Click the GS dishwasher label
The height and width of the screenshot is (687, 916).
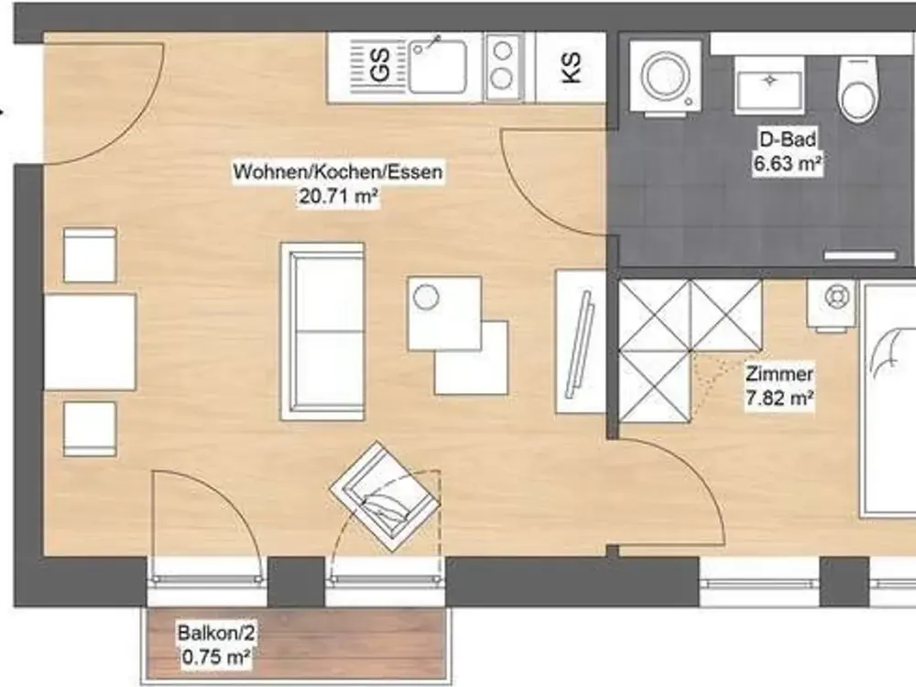pyautogui.click(x=380, y=64)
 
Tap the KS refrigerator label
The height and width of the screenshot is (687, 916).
pyautogui.click(x=572, y=67)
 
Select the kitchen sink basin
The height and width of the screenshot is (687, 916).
pyautogui.click(x=438, y=66)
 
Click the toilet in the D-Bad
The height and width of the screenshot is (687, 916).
pyautogui.click(x=858, y=89)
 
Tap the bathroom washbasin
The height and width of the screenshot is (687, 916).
pyautogui.click(x=769, y=84)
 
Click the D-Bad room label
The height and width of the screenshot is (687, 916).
pyautogui.click(x=788, y=138)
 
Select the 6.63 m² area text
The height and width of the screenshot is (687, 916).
pyautogui.click(x=788, y=163)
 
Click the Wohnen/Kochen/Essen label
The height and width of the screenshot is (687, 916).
pyautogui.click(x=338, y=172)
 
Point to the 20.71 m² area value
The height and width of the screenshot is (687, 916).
pyautogui.click(x=338, y=197)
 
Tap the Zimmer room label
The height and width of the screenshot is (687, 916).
pyautogui.click(x=780, y=374)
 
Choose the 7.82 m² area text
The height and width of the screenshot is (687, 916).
pyautogui.click(x=780, y=398)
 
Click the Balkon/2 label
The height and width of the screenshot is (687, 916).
pyautogui.click(x=216, y=633)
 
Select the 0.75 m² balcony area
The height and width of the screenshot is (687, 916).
pyautogui.click(x=216, y=657)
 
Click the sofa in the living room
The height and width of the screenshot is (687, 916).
pyautogui.click(x=322, y=332)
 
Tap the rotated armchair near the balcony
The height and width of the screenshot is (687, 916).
pyautogui.click(x=385, y=496)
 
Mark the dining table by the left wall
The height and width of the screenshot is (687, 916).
pyautogui.click(x=90, y=342)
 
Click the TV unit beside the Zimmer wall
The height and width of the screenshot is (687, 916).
pyautogui.click(x=581, y=342)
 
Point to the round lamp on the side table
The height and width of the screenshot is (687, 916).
pyautogui.click(x=425, y=298)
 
